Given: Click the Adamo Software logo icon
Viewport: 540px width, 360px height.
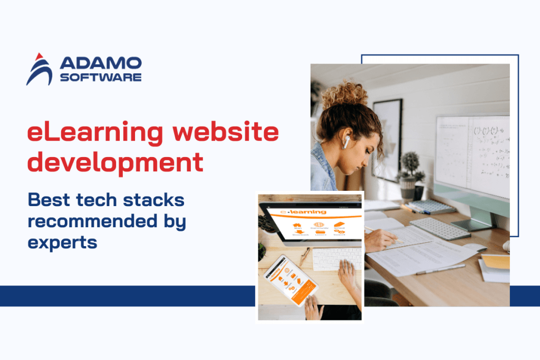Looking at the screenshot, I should click(x=39, y=69).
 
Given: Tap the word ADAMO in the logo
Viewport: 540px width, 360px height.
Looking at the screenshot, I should click(x=101, y=63).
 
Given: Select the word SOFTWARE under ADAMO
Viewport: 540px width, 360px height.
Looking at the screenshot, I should click(x=101, y=77).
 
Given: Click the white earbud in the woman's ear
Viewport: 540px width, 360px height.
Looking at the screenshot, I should click(x=347, y=141).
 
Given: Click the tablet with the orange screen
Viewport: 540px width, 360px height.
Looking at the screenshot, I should click(x=291, y=281).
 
